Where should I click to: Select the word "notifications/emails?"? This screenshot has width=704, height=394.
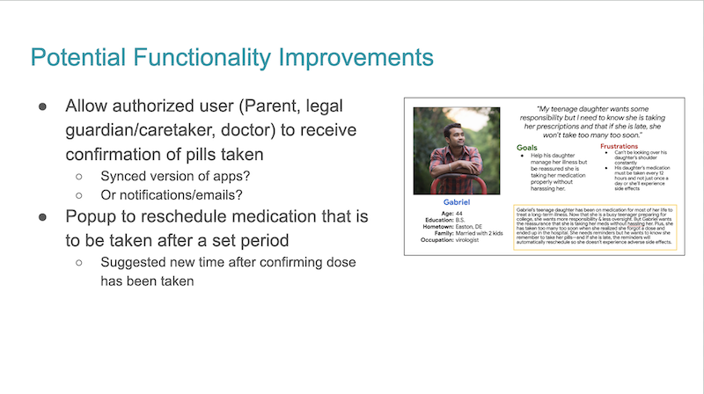[x=180, y=193]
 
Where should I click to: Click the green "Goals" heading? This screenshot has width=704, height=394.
[x=528, y=147]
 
